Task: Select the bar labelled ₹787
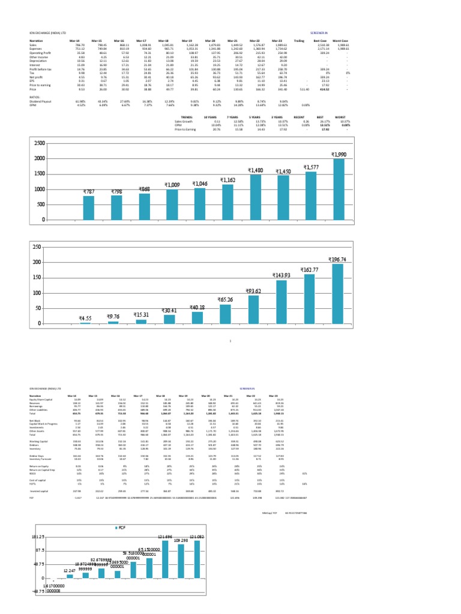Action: [89, 207]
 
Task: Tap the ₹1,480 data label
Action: [255, 170]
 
